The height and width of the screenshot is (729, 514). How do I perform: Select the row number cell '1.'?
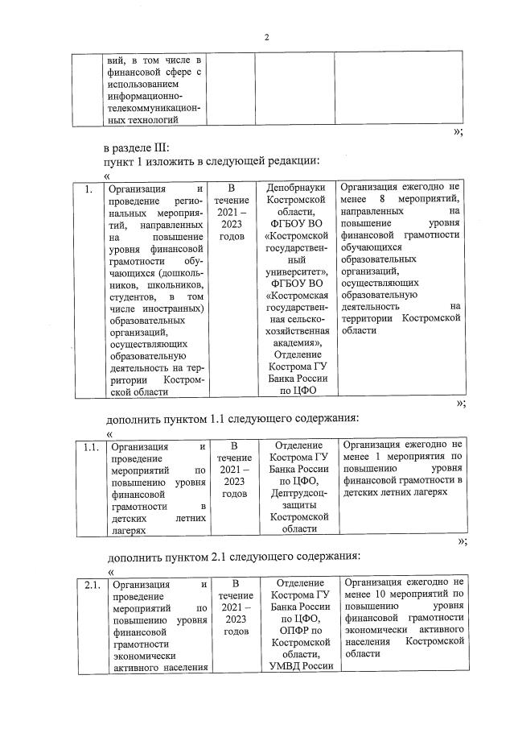pyautogui.click(x=89, y=190)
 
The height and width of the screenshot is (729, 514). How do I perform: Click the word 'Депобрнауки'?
pyautogui.click(x=294, y=188)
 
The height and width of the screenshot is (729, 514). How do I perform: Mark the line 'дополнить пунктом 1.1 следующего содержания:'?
pyautogui.click(x=232, y=419)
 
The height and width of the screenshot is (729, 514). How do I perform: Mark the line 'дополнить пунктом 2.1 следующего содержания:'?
pyautogui.click(x=232, y=556)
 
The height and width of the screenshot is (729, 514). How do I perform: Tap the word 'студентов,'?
pyautogui.click(x=137, y=298)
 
